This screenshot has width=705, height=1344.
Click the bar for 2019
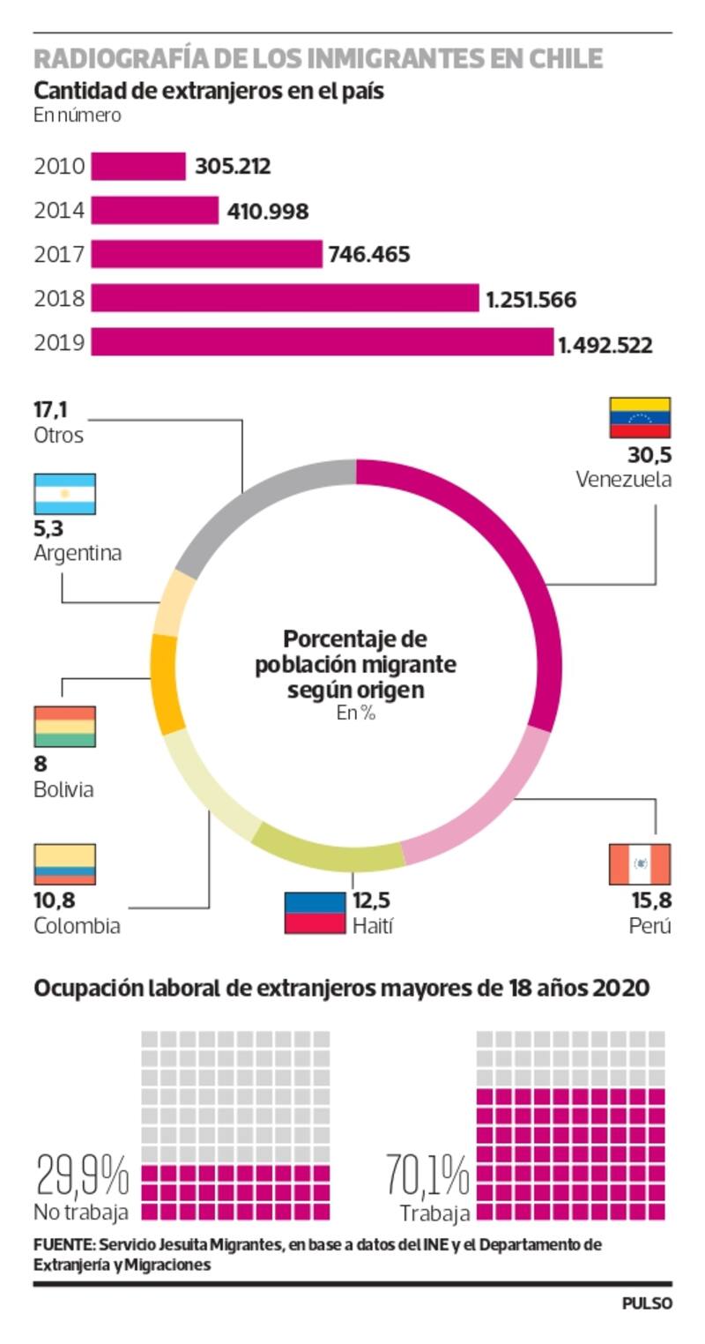tap(322, 342)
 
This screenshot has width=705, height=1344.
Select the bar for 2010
tap(138, 166)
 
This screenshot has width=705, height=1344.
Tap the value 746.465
tap(368, 255)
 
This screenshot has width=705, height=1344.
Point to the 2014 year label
tap(59, 211)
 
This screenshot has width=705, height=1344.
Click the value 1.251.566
tap(531, 300)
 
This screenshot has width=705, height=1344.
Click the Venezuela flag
tap(640, 418)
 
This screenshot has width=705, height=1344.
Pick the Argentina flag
tap(64, 494)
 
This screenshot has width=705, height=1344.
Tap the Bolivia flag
tap(64, 727)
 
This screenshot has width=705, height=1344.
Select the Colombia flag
tap(64, 864)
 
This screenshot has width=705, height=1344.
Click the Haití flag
tap(314, 913)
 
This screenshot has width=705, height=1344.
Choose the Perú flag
tap(640, 864)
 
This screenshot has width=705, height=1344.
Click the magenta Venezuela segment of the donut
tap(520, 564)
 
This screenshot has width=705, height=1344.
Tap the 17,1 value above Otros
tap(50, 410)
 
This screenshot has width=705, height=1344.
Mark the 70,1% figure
tap(427, 1175)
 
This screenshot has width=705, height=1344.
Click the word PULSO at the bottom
tap(647, 1303)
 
